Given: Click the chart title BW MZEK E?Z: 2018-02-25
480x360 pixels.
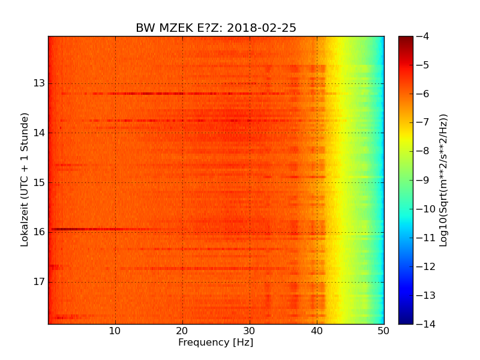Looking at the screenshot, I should [x=216, y=28].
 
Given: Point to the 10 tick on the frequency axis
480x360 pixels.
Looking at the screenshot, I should [x=115, y=330].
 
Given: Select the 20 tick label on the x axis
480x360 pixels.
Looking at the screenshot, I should [x=182, y=330].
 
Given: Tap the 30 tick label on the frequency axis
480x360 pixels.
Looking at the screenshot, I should [x=250, y=330].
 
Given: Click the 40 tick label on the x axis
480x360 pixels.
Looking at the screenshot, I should [x=317, y=330].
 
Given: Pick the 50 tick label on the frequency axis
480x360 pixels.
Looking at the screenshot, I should [x=383, y=330].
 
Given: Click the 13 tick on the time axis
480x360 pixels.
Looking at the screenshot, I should [x=40, y=83].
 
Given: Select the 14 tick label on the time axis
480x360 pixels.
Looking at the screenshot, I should [x=40, y=133].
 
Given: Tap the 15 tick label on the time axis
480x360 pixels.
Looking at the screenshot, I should [x=40, y=182].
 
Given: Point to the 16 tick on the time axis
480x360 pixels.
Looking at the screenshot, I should [x=40, y=232].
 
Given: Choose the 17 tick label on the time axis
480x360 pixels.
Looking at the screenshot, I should [x=40, y=282].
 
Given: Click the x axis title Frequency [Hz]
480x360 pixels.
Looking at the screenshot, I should [x=216, y=343].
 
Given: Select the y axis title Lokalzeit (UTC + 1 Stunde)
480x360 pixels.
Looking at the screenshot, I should [x=25, y=180].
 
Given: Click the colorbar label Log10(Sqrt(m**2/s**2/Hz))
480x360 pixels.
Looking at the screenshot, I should [x=443, y=180].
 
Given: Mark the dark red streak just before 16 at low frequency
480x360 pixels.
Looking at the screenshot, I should [x=78, y=229].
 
